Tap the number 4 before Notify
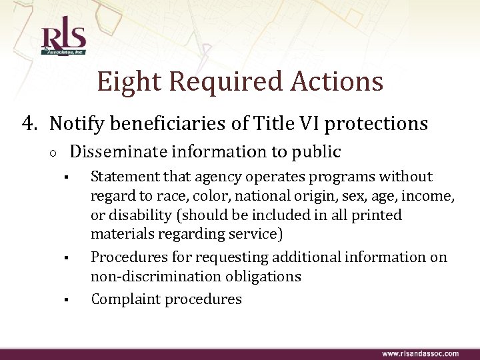click(28, 123)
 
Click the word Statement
click(121, 177)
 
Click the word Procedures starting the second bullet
click(124, 257)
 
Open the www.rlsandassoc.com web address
click(419, 353)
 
